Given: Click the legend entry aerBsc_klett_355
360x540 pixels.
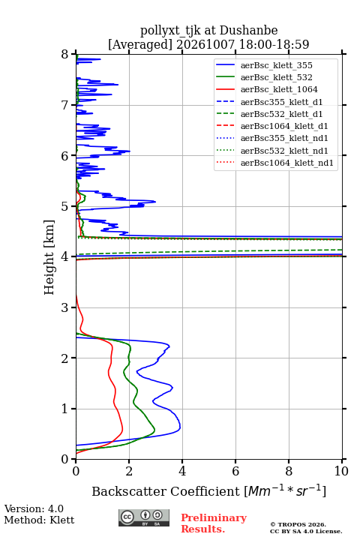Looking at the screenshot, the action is tap(276, 65).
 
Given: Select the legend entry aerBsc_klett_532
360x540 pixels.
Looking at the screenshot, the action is tap(276, 77).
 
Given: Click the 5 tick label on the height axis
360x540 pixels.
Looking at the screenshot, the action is tap(65, 207).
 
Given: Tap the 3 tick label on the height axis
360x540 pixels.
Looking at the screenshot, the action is tap(65, 307).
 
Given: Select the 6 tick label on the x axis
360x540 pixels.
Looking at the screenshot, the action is tap(235, 471).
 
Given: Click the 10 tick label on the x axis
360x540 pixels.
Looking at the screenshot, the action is tap(341, 471).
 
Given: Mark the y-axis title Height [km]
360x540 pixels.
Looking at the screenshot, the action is tap(49, 257).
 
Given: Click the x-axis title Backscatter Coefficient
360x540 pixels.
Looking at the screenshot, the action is tap(166, 491).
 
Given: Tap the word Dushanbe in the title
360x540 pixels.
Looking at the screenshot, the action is tap(248, 31).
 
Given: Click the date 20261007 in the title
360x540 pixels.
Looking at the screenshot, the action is tap(205, 45).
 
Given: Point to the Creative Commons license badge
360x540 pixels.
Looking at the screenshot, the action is tap(144, 517).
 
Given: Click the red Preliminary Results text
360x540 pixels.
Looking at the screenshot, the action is tap(214, 523).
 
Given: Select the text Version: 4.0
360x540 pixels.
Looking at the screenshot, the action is tap(34, 508).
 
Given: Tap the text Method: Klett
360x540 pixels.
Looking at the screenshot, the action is tap(39, 520).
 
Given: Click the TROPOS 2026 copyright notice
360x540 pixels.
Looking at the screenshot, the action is tap(298, 524).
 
